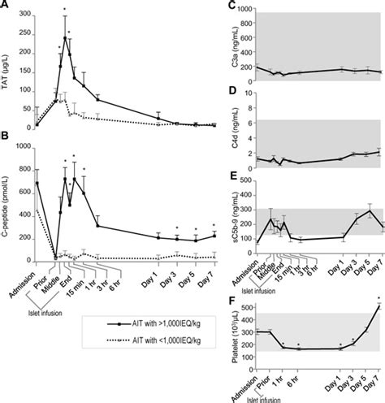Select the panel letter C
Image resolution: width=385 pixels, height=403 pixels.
pyautogui.click(x=233, y=6)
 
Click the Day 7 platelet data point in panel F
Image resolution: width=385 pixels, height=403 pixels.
pyautogui.click(x=379, y=306)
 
